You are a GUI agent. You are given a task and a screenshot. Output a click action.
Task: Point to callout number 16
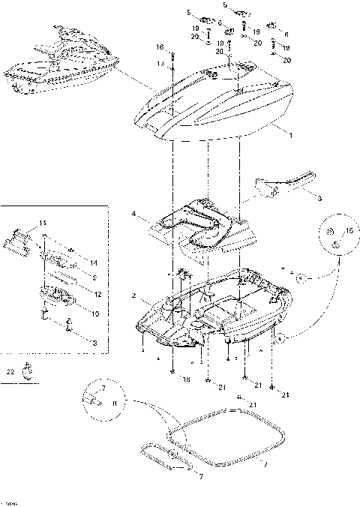point(160,47)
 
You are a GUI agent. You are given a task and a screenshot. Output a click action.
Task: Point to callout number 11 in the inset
point(42,223)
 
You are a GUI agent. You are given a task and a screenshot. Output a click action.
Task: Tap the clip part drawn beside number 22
point(30,370)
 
